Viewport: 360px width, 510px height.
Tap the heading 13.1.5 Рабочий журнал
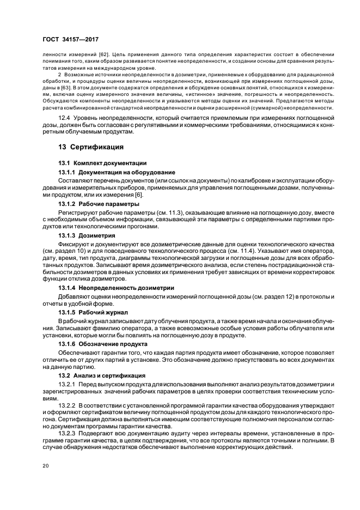(x=93, y=312)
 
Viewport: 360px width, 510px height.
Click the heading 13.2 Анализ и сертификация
(x=101, y=375)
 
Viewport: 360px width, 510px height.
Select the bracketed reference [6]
(x=139, y=195)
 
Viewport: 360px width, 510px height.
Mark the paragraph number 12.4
(x=65, y=118)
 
